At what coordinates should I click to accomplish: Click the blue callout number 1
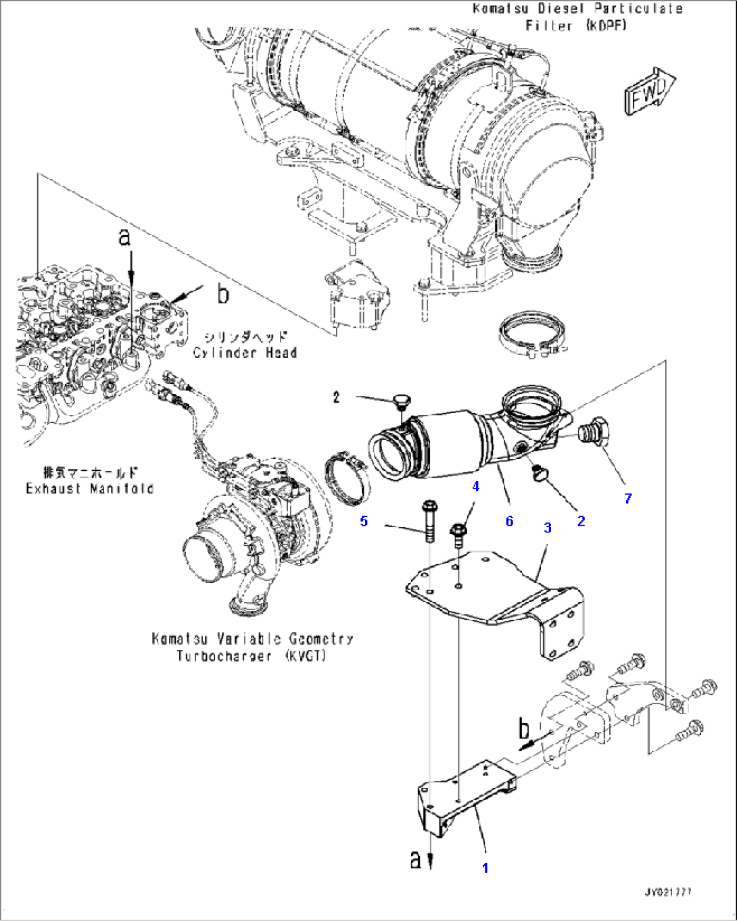pyautogui.click(x=485, y=868)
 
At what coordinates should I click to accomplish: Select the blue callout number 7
pyautogui.click(x=628, y=499)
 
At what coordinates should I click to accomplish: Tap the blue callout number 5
pyautogui.click(x=364, y=521)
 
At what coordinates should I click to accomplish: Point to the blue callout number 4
pyautogui.click(x=475, y=487)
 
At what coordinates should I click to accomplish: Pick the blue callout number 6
pyautogui.click(x=509, y=520)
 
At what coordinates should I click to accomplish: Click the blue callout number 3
pyautogui.click(x=548, y=527)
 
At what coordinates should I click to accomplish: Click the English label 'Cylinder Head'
pyautogui.click(x=245, y=353)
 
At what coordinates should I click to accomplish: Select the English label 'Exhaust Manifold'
pyautogui.click(x=89, y=489)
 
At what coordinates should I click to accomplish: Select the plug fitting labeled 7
pyautogui.click(x=595, y=432)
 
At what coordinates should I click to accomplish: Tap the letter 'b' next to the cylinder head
pyautogui.click(x=222, y=294)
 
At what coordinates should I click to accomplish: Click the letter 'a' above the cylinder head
pyautogui.click(x=124, y=237)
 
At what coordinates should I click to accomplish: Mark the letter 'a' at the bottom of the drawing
pyautogui.click(x=415, y=860)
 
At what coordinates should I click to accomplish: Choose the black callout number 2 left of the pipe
pyautogui.click(x=336, y=397)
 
